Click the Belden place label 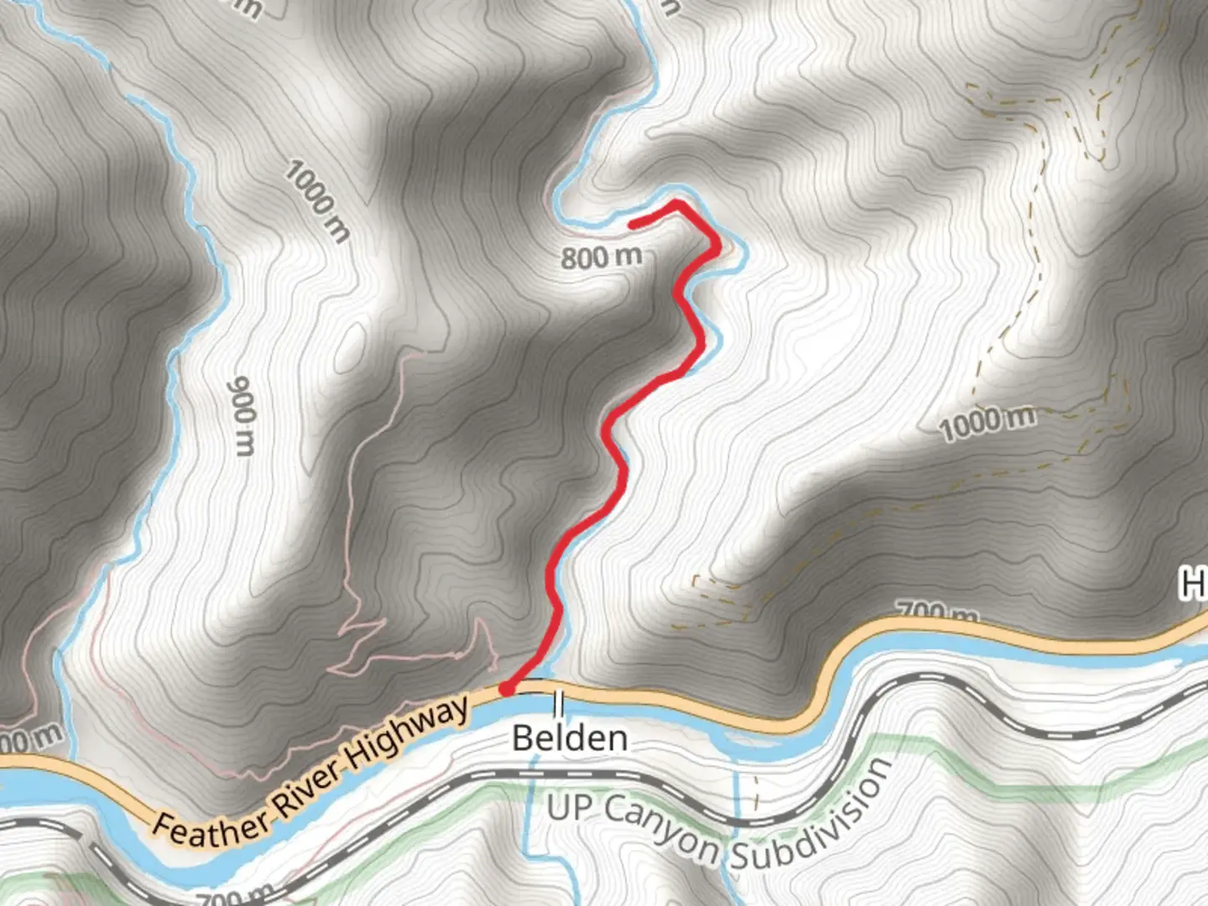(x=570, y=738)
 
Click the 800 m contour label (x=601, y=256)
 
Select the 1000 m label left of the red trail (x=316, y=201)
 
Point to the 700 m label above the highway (x=937, y=612)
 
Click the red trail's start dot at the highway (x=507, y=689)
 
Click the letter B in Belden (x=522, y=739)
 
